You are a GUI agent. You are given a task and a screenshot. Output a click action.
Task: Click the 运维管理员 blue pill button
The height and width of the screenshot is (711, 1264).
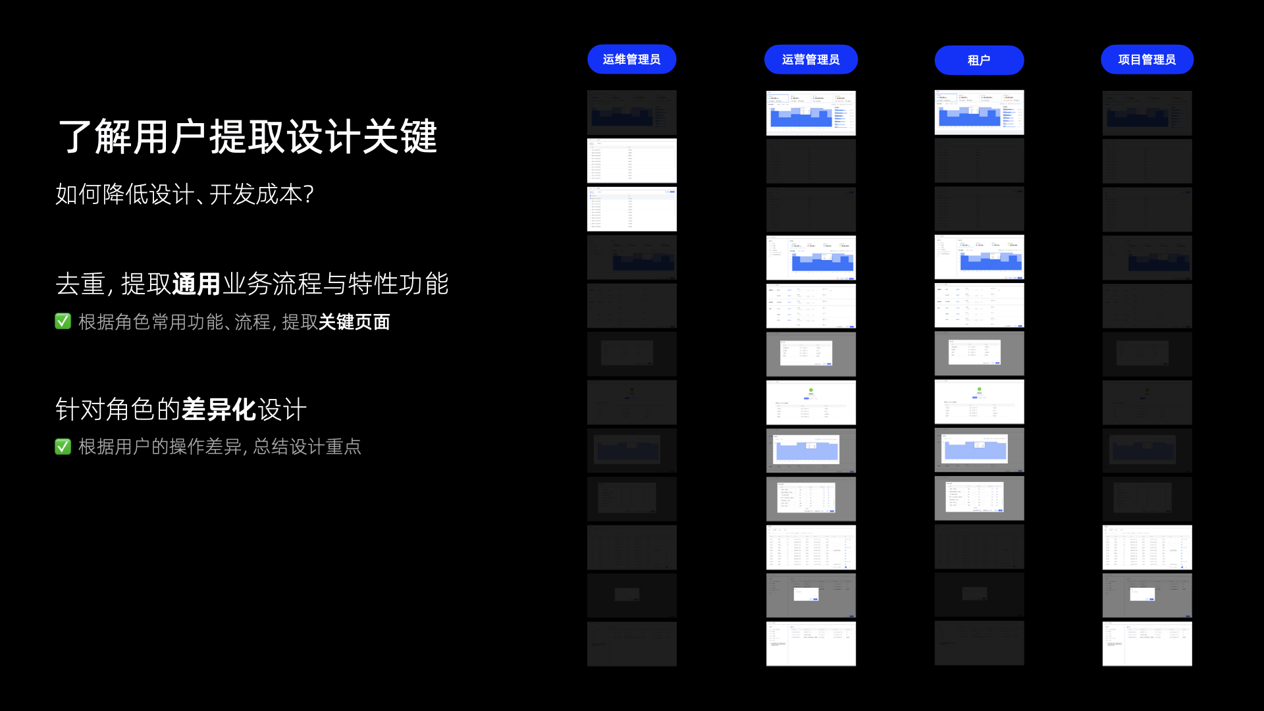pyautogui.click(x=631, y=59)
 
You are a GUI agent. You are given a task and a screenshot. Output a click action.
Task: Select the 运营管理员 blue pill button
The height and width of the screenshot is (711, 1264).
pyautogui.click(x=810, y=59)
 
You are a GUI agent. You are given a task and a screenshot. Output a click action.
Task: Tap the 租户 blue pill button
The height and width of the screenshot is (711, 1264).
pyautogui.click(x=979, y=60)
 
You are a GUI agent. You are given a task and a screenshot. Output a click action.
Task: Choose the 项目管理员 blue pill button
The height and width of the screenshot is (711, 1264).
pyautogui.click(x=1147, y=59)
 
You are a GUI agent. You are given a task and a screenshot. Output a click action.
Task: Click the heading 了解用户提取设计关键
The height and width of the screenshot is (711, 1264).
pyautogui.click(x=248, y=137)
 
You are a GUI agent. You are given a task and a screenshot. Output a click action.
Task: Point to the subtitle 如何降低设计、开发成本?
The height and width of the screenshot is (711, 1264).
pyautogui.click(x=184, y=194)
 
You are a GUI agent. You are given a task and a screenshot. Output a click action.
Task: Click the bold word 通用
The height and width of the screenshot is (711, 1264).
pyautogui.click(x=196, y=284)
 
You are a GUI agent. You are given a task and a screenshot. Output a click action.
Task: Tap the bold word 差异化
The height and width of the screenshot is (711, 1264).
pyautogui.click(x=219, y=409)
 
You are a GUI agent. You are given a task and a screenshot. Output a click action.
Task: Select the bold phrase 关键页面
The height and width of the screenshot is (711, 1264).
pyautogui.click(x=354, y=322)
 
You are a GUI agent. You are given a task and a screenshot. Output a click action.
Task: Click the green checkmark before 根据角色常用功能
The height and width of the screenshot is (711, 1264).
pyautogui.click(x=63, y=321)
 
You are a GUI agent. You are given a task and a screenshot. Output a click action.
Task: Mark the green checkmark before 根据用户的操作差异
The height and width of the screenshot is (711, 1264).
pyautogui.click(x=63, y=447)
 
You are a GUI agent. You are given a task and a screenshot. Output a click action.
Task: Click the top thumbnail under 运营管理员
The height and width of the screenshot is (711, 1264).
pyautogui.click(x=810, y=113)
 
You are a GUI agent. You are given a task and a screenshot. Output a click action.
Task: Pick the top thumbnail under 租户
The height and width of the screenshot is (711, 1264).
pyautogui.click(x=979, y=113)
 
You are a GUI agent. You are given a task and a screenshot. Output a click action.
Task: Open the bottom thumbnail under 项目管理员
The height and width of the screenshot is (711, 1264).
pyautogui.click(x=1147, y=644)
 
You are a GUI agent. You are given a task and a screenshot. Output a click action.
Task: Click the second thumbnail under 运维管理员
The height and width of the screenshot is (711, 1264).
pyautogui.click(x=631, y=161)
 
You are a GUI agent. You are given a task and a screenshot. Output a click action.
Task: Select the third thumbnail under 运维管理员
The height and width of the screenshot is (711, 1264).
pyautogui.click(x=631, y=209)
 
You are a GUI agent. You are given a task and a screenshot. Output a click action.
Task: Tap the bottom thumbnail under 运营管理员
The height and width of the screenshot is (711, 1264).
pyautogui.click(x=810, y=644)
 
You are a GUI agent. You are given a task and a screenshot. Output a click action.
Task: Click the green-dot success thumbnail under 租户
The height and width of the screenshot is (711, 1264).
pyautogui.click(x=979, y=402)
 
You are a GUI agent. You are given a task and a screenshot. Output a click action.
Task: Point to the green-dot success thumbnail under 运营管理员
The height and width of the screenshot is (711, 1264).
pyautogui.click(x=810, y=402)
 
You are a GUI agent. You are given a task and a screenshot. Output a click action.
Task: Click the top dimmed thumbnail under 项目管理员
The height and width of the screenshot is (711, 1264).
pyautogui.click(x=1147, y=113)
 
